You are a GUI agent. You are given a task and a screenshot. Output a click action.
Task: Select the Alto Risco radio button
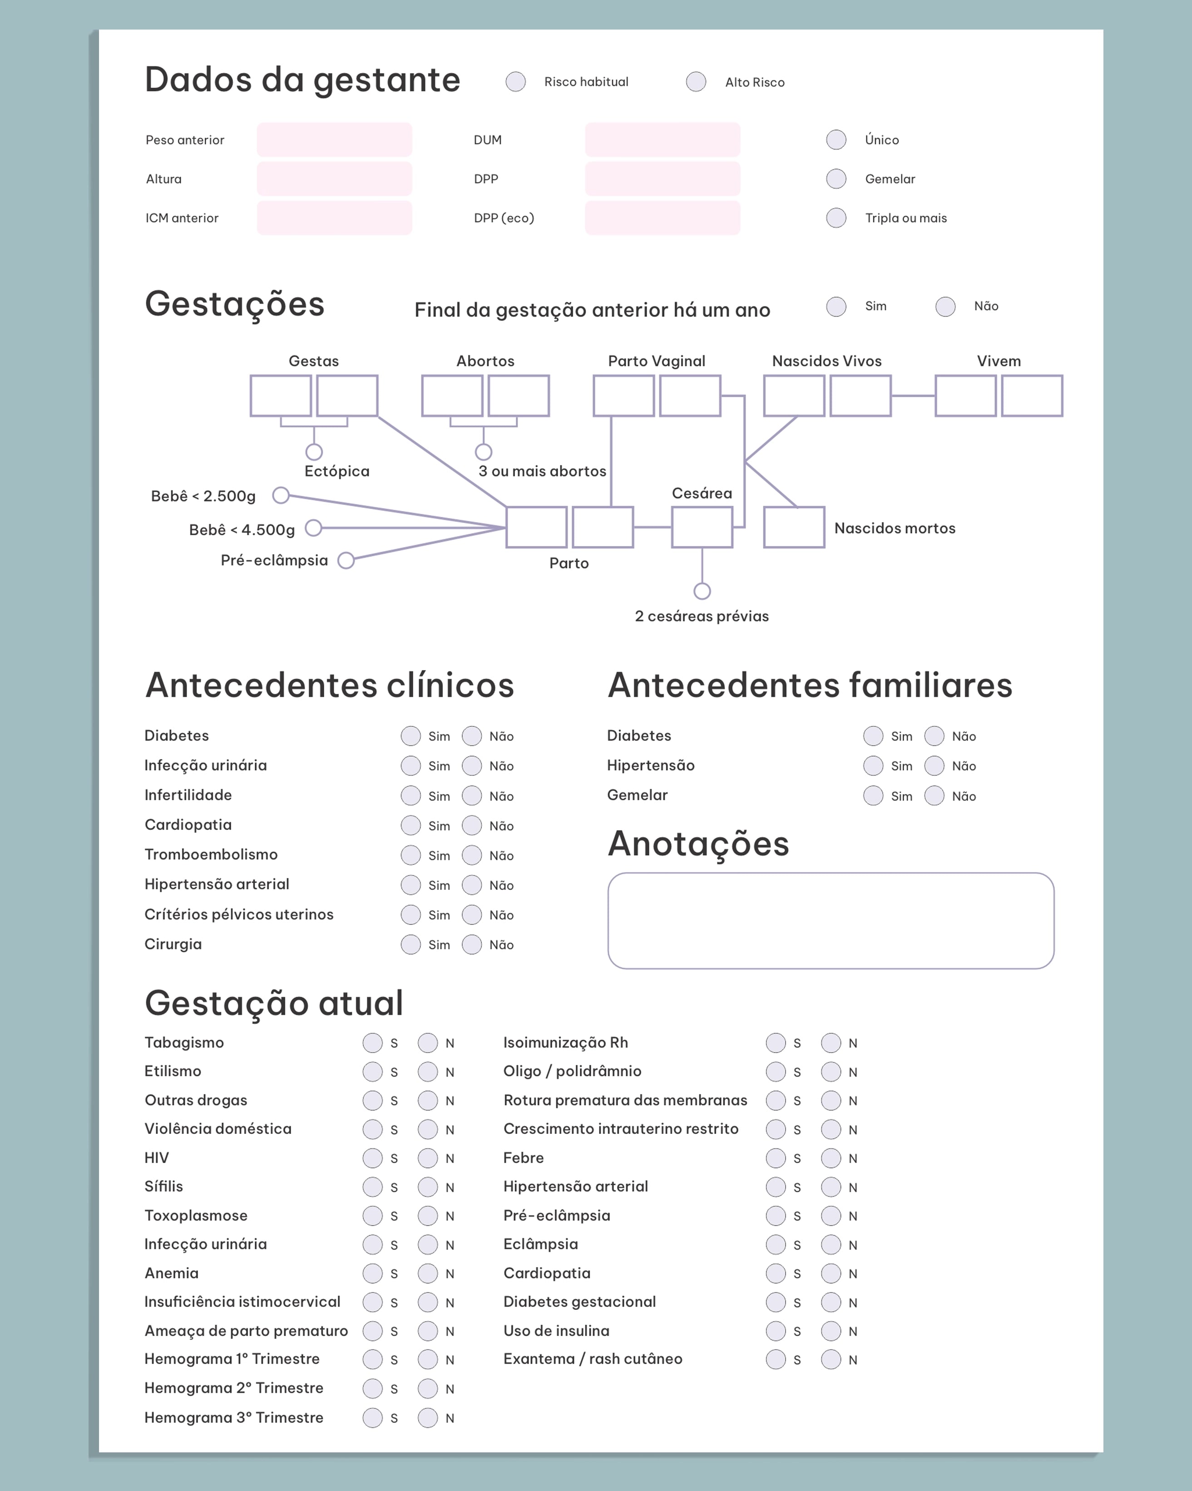(696, 82)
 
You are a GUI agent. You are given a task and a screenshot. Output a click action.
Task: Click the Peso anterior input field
(335, 139)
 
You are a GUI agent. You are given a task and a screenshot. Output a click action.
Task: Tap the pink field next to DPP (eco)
(663, 218)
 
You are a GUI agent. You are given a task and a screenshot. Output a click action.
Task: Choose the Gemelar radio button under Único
(836, 179)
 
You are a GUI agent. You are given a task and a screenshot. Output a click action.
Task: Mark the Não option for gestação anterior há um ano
(945, 306)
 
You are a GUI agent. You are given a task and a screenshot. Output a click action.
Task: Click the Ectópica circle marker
(314, 452)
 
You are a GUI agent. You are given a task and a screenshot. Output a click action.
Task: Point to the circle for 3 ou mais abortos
(483, 452)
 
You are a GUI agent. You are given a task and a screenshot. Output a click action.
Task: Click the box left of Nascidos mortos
(794, 527)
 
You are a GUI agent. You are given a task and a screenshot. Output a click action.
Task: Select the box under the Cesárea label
(702, 527)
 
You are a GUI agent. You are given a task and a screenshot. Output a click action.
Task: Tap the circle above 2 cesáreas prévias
(702, 591)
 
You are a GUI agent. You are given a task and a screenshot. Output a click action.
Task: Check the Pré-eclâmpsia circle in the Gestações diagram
(346, 560)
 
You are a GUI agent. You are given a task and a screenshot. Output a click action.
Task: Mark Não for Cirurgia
(471, 944)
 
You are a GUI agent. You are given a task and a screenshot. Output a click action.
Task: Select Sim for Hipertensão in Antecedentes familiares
(873, 765)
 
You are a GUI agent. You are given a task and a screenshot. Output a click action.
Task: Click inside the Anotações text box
(831, 920)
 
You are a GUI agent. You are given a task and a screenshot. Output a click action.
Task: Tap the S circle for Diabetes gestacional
(776, 1302)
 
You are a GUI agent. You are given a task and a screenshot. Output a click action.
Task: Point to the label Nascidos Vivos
(827, 361)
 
